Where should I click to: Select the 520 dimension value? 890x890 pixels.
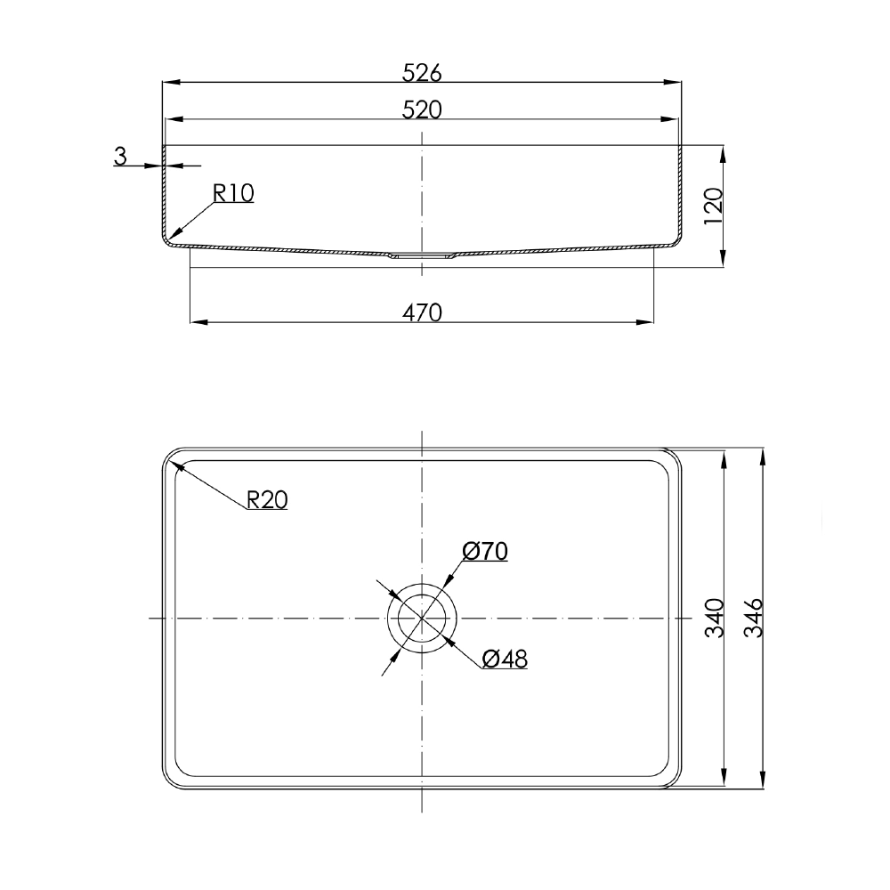click(422, 109)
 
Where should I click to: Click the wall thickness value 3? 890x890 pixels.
click(120, 157)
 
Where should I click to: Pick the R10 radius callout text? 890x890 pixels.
click(233, 193)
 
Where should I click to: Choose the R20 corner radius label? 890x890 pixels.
click(266, 500)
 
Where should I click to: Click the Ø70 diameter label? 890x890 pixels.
click(485, 552)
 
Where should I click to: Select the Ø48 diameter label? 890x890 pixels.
click(505, 659)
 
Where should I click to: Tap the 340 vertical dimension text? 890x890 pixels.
click(713, 618)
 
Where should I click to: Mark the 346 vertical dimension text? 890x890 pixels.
click(752, 618)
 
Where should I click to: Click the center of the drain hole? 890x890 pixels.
click(422, 618)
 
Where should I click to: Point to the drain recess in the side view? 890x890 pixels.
click(422, 255)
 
